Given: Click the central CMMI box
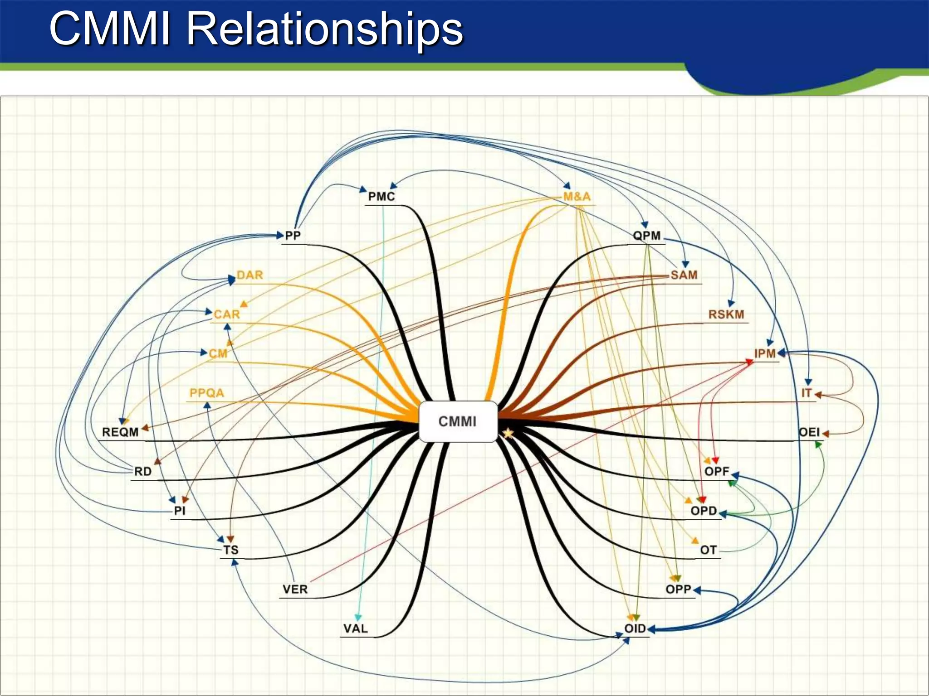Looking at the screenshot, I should pos(458,421).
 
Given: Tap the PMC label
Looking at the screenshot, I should pos(381,197).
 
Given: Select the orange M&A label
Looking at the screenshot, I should pos(577,197).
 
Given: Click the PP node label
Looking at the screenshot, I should pos(293,236).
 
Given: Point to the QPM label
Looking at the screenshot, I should pos(647,236).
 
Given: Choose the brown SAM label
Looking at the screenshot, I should pos(684,275).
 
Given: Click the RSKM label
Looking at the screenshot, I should pos(726,314).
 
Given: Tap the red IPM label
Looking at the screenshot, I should pos(765,353).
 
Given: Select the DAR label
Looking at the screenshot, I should pos(250,275).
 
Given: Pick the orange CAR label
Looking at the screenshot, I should pos(227,314).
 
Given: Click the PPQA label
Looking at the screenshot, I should pos(207,393).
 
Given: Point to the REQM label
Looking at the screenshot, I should pos(120,432).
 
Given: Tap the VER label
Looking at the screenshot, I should pos(295,589).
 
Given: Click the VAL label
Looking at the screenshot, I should pos(356,628).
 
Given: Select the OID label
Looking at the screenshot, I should pos(635,628).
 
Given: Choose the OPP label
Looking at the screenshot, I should pos(678,589).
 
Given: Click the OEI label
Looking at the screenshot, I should pos(809,432).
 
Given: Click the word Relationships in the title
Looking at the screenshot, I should pos(325,29).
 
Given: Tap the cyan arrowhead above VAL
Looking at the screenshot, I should pos(358,617).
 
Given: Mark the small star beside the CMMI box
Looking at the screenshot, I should pos(508,434).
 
